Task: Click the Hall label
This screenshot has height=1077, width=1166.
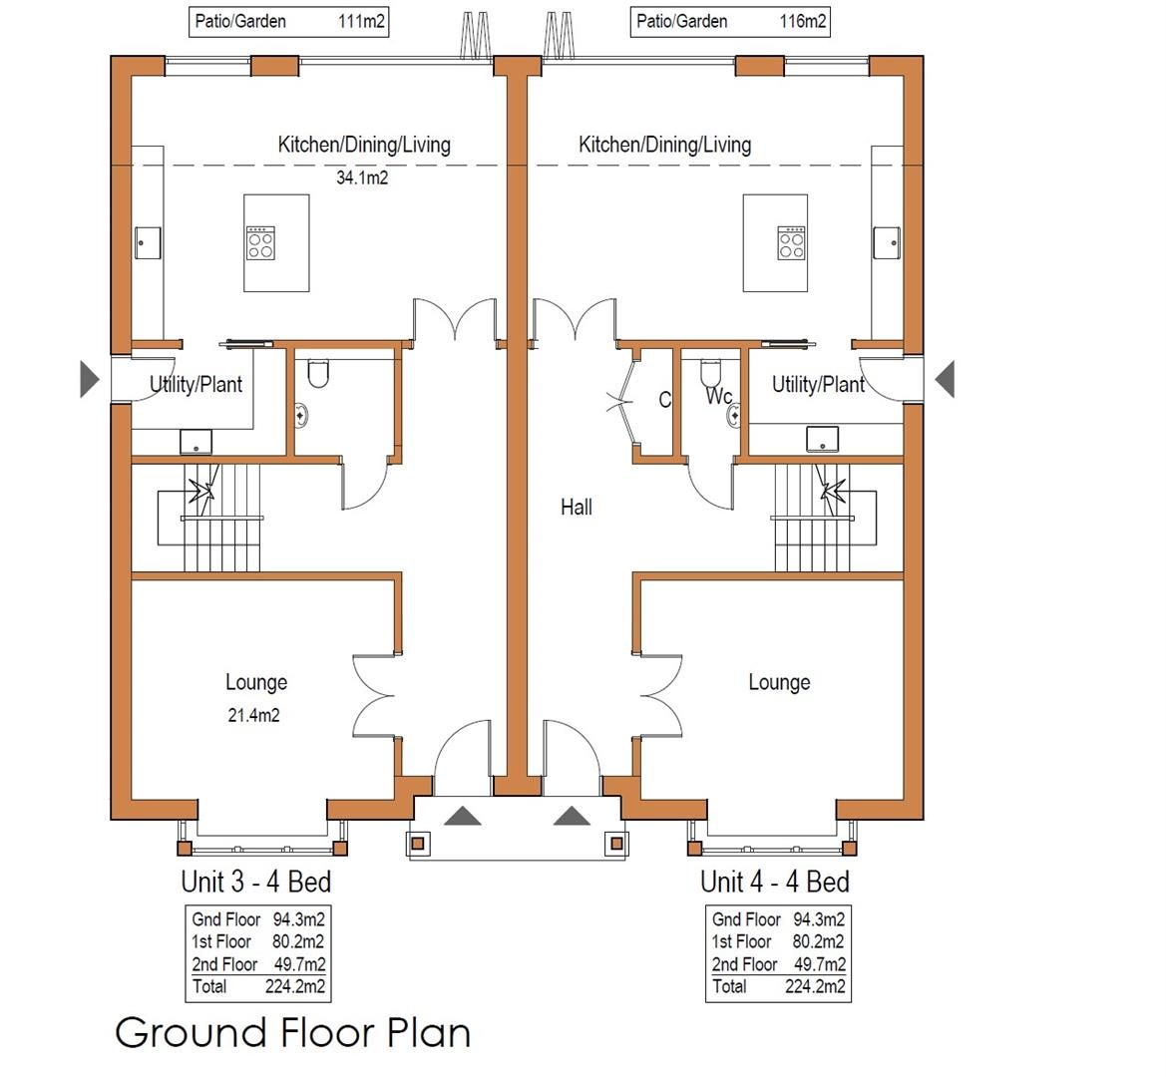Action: [x=577, y=508]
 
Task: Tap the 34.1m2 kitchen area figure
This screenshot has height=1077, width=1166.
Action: [x=362, y=178]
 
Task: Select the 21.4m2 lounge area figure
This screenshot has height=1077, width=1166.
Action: [x=253, y=715]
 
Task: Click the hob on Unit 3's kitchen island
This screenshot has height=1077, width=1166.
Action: [x=260, y=243]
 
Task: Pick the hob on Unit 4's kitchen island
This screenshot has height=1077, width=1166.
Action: [x=791, y=243]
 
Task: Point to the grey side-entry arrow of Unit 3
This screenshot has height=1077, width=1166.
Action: [x=89, y=379]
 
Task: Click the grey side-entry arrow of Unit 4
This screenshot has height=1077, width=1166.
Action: [x=945, y=379]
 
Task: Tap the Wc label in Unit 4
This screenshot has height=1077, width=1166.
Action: [x=718, y=396]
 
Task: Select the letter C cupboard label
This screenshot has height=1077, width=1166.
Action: [x=665, y=400]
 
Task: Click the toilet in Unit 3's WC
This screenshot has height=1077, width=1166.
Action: [x=318, y=374]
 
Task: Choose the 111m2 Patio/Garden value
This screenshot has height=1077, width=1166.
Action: [x=361, y=21]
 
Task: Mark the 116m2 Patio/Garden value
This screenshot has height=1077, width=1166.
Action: [x=802, y=21]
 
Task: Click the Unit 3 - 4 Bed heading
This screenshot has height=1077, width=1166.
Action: [x=255, y=882]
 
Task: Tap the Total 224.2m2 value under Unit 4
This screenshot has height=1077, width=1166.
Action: [x=815, y=987]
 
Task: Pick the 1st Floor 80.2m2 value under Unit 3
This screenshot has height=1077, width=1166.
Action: [x=297, y=941]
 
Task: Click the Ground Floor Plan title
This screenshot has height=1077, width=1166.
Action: [x=293, y=1033]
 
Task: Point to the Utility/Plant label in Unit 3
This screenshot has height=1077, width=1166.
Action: [x=195, y=384]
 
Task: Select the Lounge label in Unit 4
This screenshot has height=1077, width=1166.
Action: [x=779, y=682]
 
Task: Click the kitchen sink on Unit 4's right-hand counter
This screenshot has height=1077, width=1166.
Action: [x=887, y=243]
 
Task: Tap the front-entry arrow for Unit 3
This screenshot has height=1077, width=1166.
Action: [x=463, y=816]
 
